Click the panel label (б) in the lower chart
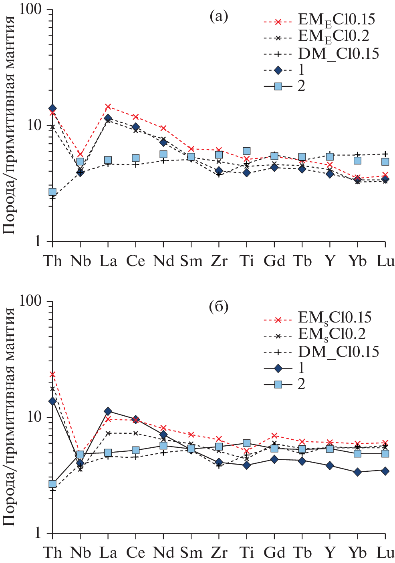(219, 307)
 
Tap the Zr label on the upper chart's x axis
(219, 261)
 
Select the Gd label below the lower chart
(274, 553)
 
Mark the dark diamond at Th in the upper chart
(52, 108)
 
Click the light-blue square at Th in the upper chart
(52, 192)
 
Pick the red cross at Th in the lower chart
(52, 375)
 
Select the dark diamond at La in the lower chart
(108, 411)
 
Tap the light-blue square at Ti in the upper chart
(247, 151)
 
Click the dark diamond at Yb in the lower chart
(357, 472)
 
